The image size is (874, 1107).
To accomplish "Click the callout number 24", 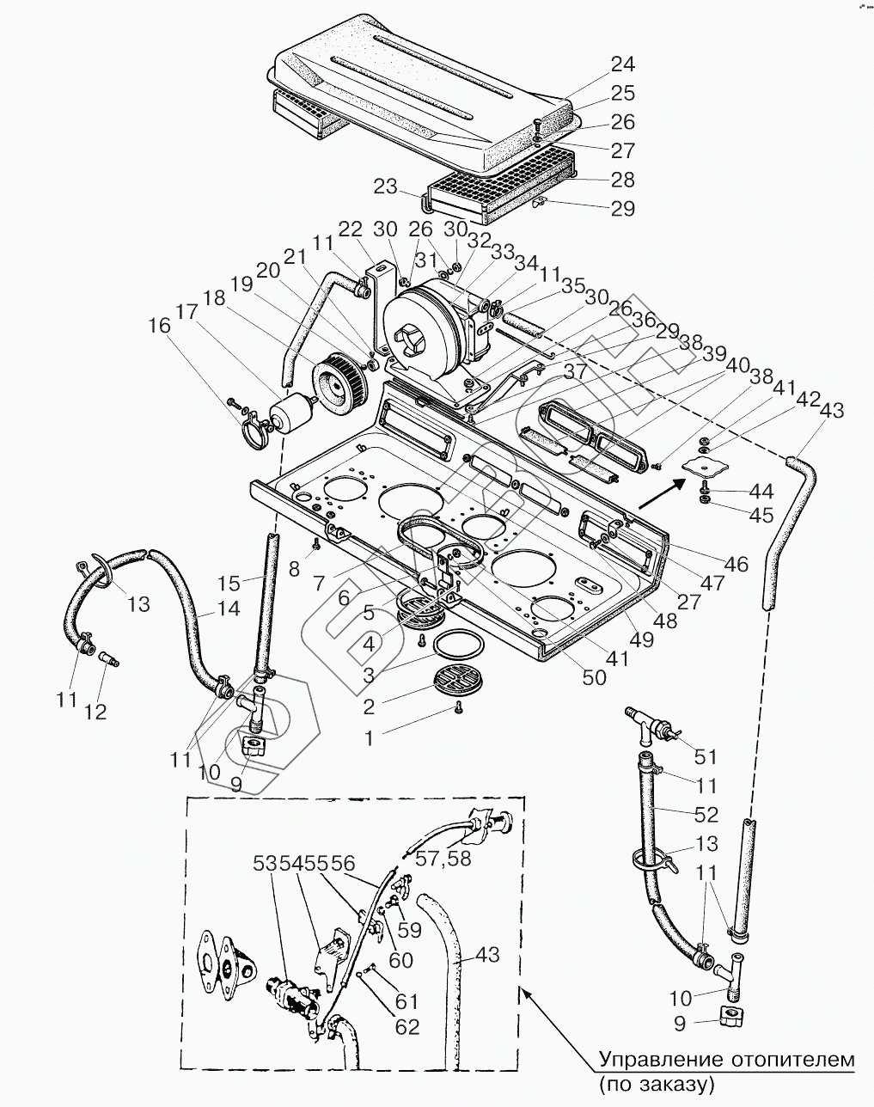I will pyautogui.click(x=622, y=65).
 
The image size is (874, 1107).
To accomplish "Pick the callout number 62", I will pyautogui.click(x=396, y=1026).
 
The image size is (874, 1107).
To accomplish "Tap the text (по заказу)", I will pyautogui.click(x=657, y=1084).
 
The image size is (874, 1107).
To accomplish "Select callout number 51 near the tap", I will pyautogui.click(x=706, y=757).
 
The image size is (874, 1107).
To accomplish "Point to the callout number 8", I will pyautogui.click(x=296, y=568).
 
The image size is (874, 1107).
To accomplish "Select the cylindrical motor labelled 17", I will pyautogui.click(x=289, y=413).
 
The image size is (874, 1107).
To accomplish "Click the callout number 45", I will pyautogui.click(x=761, y=515).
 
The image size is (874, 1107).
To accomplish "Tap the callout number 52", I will pyautogui.click(x=706, y=814).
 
